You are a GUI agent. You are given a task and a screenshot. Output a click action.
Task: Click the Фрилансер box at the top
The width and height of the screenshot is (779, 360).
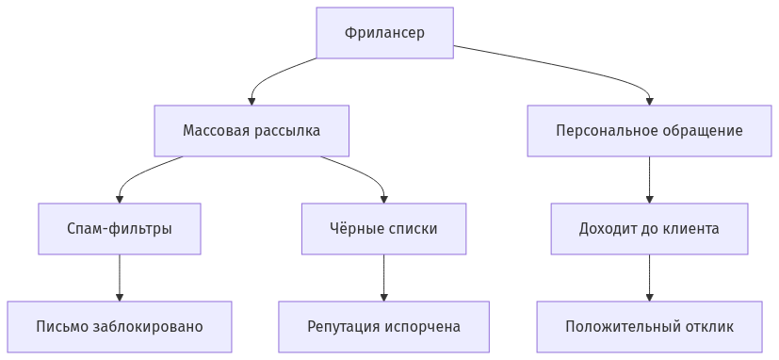point(384,33)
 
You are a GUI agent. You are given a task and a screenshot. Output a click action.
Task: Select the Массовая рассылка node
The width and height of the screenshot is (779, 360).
point(252,130)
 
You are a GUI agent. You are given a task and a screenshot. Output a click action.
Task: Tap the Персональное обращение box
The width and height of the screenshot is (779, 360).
point(649,130)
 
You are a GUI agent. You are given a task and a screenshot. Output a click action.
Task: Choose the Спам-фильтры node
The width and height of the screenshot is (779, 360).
point(120,228)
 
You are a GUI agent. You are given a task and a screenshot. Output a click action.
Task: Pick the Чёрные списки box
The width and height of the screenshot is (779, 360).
point(383,228)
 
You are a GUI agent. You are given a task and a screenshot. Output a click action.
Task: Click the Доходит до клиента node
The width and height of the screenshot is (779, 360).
point(649,228)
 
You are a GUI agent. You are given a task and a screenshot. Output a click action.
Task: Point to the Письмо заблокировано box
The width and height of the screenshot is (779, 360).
point(120,326)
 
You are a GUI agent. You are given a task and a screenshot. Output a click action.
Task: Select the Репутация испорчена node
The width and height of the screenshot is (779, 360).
point(383,326)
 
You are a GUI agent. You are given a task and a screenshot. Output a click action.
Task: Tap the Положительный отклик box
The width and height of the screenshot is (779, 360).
point(649,326)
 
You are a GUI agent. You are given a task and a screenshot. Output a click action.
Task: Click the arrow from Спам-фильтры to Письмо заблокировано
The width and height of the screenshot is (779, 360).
point(120,277)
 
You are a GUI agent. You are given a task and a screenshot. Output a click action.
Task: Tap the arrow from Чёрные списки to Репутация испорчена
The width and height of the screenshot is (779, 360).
point(383,277)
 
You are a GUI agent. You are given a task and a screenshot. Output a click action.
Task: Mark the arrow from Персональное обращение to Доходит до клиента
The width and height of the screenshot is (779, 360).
point(649,179)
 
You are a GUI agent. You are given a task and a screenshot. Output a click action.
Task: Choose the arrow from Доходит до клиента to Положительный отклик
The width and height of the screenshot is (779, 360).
point(649,277)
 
